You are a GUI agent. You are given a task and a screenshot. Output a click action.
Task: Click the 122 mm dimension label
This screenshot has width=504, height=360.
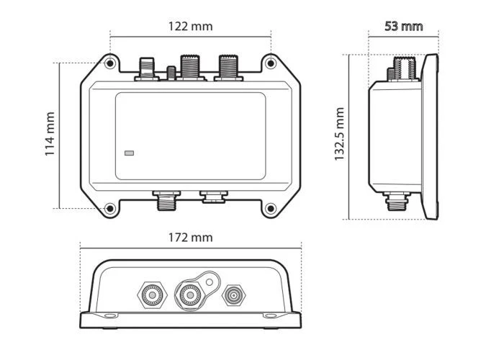pyautogui.click(x=191, y=27)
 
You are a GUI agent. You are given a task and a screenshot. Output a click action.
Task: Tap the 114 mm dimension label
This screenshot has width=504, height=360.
pyautogui.click(x=50, y=134)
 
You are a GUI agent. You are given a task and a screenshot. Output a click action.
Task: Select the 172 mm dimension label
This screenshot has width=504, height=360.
pyautogui.click(x=191, y=238)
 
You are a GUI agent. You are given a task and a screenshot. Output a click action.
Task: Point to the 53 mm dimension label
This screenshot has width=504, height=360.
pyautogui.click(x=404, y=27)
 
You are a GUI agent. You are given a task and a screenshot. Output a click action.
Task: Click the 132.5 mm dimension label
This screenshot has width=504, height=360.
pyautogui.click(x=339, y=134)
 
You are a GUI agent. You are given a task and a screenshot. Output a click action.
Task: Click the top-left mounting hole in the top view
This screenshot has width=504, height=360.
pyautogui.click(x=110, y=63)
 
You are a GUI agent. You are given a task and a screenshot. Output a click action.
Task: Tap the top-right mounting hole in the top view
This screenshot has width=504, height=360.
pyautogui.click(x=271, y=63)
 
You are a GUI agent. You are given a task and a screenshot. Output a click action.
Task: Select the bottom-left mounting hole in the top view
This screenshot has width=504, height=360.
pyautogui.click(x=110, y=209)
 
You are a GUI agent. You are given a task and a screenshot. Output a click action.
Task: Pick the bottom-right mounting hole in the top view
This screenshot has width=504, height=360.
pyautogui.click(x=271, y=209)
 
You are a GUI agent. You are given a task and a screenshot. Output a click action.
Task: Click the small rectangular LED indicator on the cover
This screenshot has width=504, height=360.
pyautogui.click(x=129, y=153)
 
